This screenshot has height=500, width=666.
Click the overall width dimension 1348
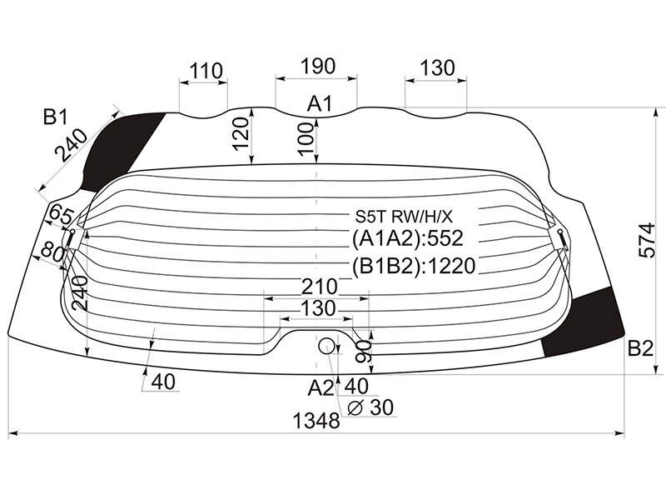click(x=316, y=421)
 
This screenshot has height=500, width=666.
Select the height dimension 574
click(x=648, y=240)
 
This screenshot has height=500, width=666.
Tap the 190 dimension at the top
click(x=318, y=67)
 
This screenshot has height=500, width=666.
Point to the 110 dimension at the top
click(x=206, y=71)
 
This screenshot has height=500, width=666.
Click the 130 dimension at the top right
click(x=437, y=68)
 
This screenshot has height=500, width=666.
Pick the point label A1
click(x=319, y=103)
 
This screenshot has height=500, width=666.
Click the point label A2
click(x=321, y=387)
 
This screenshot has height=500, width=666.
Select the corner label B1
click(x=55, y=117)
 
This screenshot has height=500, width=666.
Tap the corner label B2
click(x=640, y=348)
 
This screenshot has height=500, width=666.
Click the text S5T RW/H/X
click(x=404, y=217)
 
